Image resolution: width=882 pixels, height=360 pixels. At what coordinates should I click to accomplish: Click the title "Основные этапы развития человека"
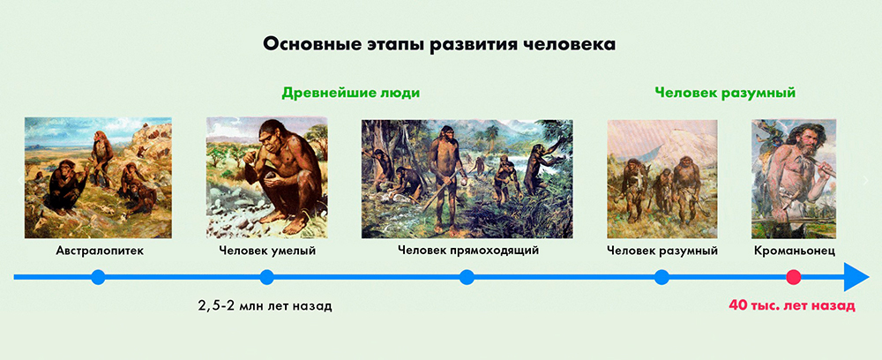pyautogui.click(x=438, y=44)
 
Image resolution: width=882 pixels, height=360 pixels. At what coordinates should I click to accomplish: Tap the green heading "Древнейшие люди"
pyautogui.click(x=351, y=93)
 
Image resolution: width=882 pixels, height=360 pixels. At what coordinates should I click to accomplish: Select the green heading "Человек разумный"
pyautogui.click(x=725, y=94)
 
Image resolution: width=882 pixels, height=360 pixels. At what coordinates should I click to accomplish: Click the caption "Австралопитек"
pyautogui.click(x=100, y=251)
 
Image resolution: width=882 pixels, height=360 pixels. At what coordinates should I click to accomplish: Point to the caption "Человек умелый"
pyautogui.click(x=267, y=251)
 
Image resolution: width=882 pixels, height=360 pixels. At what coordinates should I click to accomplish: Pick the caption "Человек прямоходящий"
pyautogui.click(x=468, y=251)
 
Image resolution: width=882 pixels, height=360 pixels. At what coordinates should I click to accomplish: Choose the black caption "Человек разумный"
pyautogui.click(x=662, y=251)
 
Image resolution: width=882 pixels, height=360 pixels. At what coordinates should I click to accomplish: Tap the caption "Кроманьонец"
pyautogui.click(x=795, y=251)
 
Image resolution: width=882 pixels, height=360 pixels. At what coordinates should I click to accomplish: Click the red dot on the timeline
pyautogui.click(x=793, y=277)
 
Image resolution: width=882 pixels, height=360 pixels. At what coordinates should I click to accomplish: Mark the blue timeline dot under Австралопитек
pyautogui.click(x=98, y=277)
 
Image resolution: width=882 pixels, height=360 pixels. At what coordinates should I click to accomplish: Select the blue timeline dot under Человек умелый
pyautogui.click(x=267, y=277)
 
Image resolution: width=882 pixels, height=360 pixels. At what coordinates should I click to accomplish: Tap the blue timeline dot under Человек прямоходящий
pyautogui.click(x=467, y=277)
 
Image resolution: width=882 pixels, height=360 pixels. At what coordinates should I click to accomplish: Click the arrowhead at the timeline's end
pyautogui.click(x=856, y=277)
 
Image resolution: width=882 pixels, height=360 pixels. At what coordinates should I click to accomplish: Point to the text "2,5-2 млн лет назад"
pyautogui.click(x=265, y=306)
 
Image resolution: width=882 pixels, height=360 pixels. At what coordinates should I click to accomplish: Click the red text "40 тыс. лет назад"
pyautogui.click(x=792, y=306)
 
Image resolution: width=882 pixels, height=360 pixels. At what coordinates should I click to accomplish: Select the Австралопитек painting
pyautogui.click(x=98, y=177)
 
